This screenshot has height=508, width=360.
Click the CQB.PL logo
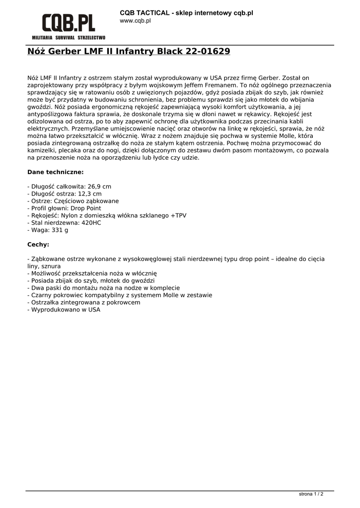pos(69,23)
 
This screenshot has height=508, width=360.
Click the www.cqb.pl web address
pos(135,21)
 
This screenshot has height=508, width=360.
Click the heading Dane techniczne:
pos(55,172)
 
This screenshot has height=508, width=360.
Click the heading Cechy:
pos(38,245)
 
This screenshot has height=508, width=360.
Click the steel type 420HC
pos(91,223)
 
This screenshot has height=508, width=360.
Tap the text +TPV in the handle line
pos(178,216)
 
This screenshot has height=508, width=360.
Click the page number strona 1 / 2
pos(311,494)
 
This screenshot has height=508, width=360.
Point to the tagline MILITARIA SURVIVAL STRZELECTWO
pos(69,38)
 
